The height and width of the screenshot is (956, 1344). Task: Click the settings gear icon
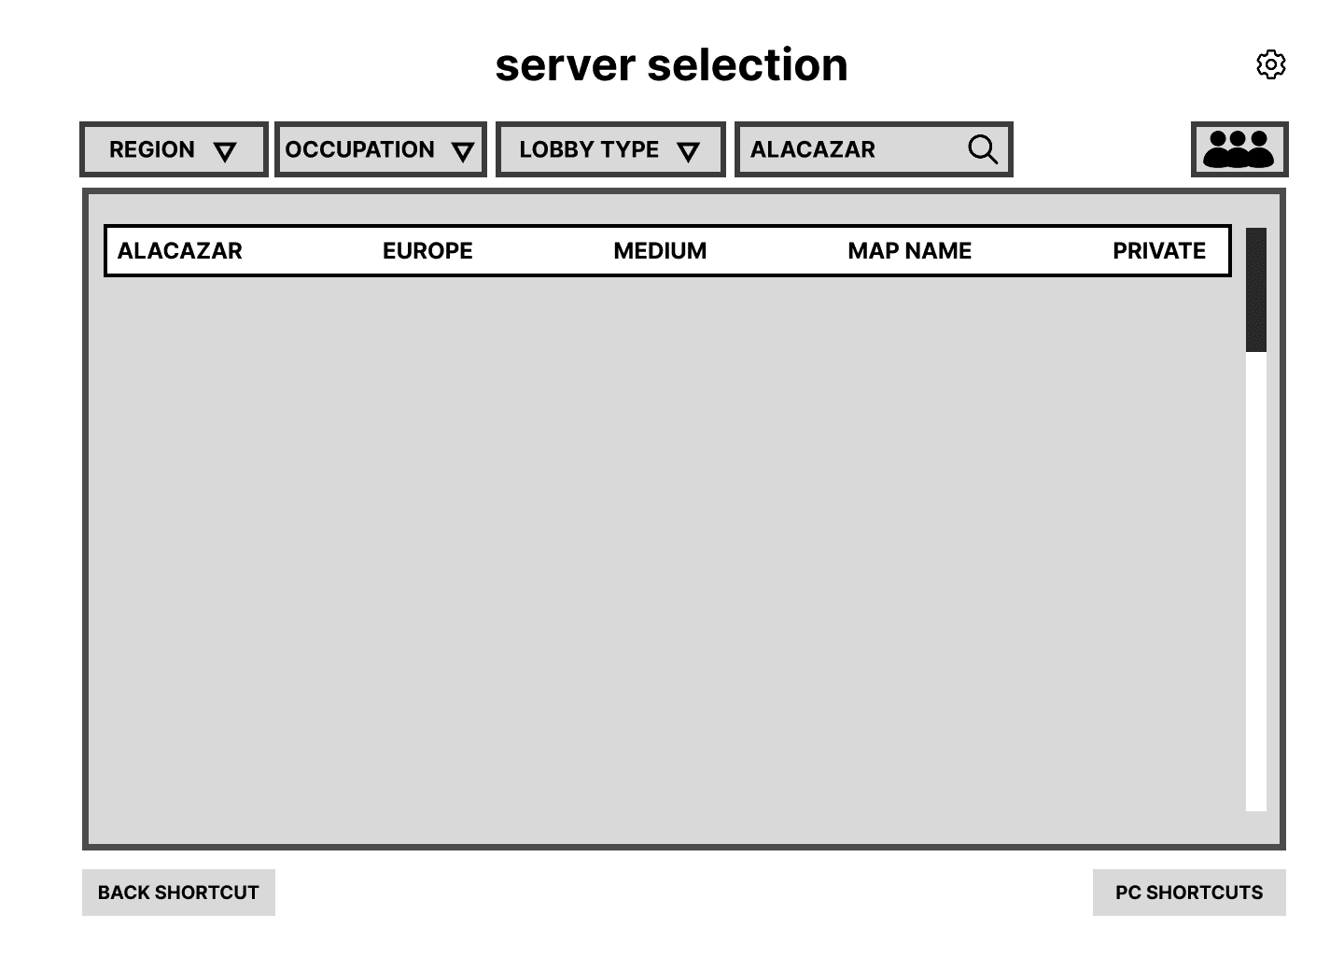click(x=1270, y=64)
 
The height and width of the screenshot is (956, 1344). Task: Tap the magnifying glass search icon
click(x=983, y=149)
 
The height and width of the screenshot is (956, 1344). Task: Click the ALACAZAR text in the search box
click(x=813, y=149)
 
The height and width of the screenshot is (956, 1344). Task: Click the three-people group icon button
click(x=1239, y=149)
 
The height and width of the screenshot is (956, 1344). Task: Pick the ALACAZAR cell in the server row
click(x=179, y=250)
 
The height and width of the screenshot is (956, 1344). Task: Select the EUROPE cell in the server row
click(x=427, y=250)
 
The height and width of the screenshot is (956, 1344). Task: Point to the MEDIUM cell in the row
click(x=660, y=250)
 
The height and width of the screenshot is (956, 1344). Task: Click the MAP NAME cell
click(x=909, y=250)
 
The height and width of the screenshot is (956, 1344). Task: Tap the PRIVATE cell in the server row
click(x=1159, y=250)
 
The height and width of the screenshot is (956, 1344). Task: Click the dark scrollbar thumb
click(x=1256, y=289)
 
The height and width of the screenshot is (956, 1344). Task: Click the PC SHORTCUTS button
click(x=1189, y=893)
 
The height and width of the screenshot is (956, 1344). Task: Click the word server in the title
click(x=566, y=65)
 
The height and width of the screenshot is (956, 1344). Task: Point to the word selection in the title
click(x=747, y=65)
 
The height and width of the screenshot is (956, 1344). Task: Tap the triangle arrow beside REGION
click(x=225, y=152)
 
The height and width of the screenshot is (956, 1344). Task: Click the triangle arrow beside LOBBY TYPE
click(x=689, y=152)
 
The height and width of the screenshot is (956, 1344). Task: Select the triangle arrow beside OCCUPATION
click(x=463, y=152)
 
